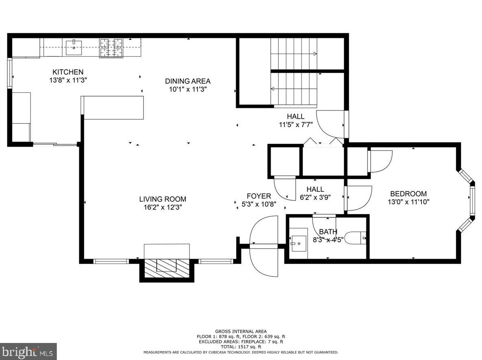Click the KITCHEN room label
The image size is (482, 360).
tap(68, 72)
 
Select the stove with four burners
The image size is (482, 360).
tap(111, 47)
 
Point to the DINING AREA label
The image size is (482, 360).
tap(188, 81)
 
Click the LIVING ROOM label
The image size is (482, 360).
tap(163, 199)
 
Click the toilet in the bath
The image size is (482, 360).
tap(355, 238)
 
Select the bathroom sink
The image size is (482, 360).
tap(299, 243)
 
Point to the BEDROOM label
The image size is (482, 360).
tap(409, 194)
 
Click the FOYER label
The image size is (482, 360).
tap(259, 196)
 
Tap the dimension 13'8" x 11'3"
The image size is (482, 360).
tap(68, 81)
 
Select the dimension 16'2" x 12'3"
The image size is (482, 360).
tap(163, 207)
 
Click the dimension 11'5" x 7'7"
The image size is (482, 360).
tap(296, 125)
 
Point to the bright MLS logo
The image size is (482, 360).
tap(28, 351)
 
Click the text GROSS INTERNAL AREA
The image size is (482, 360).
tap(241, 332)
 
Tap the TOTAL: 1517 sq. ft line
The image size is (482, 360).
tap(241, 347)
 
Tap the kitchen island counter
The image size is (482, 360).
tap(112, 107)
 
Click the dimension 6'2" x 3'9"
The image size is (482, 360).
tap(315, 197)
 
